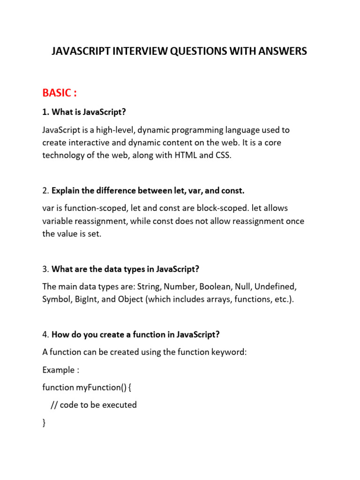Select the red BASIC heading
point(57,92)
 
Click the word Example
point(58,370)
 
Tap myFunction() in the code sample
point(99,387)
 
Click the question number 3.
point(45,269)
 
